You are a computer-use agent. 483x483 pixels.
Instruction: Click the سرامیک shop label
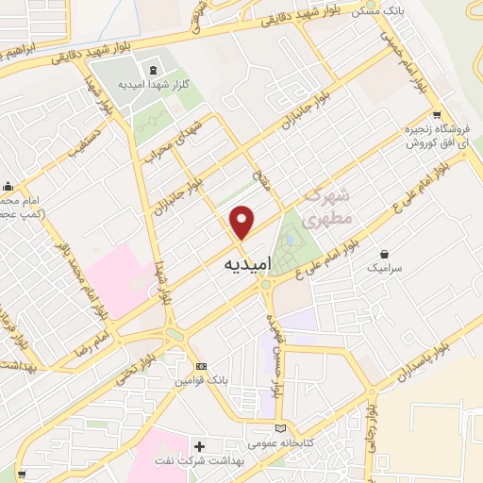coord(386,269)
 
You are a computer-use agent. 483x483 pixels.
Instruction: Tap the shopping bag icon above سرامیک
coord(385,253)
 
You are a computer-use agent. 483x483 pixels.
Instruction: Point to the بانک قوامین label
coord(199,381)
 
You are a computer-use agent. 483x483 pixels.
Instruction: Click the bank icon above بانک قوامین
coord(200,366)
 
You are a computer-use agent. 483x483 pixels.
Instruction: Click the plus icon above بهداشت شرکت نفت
coord(199,444)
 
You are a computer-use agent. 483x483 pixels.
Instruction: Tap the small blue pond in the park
coord(290,239)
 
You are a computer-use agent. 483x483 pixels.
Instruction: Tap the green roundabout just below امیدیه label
coord(267,284)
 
